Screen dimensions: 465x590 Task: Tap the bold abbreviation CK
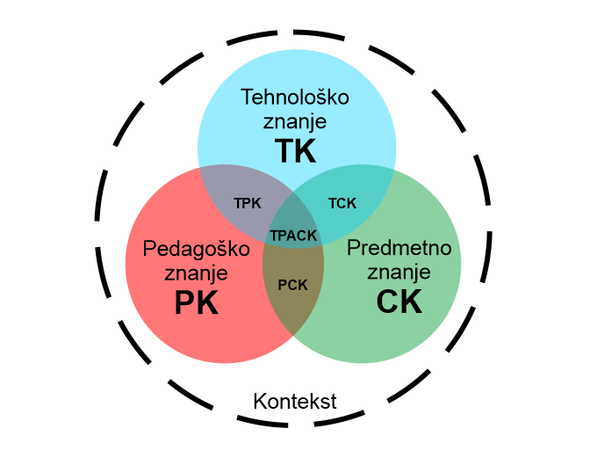pos(399,302)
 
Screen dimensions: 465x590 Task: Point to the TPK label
pos(248,203)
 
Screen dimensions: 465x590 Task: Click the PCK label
pos(293,284)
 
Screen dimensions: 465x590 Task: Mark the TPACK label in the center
pos(293,236)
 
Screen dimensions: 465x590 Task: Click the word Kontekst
pos(295,402)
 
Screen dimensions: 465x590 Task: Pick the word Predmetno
pos(399,247)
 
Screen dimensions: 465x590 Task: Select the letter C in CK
pos(387,302)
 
